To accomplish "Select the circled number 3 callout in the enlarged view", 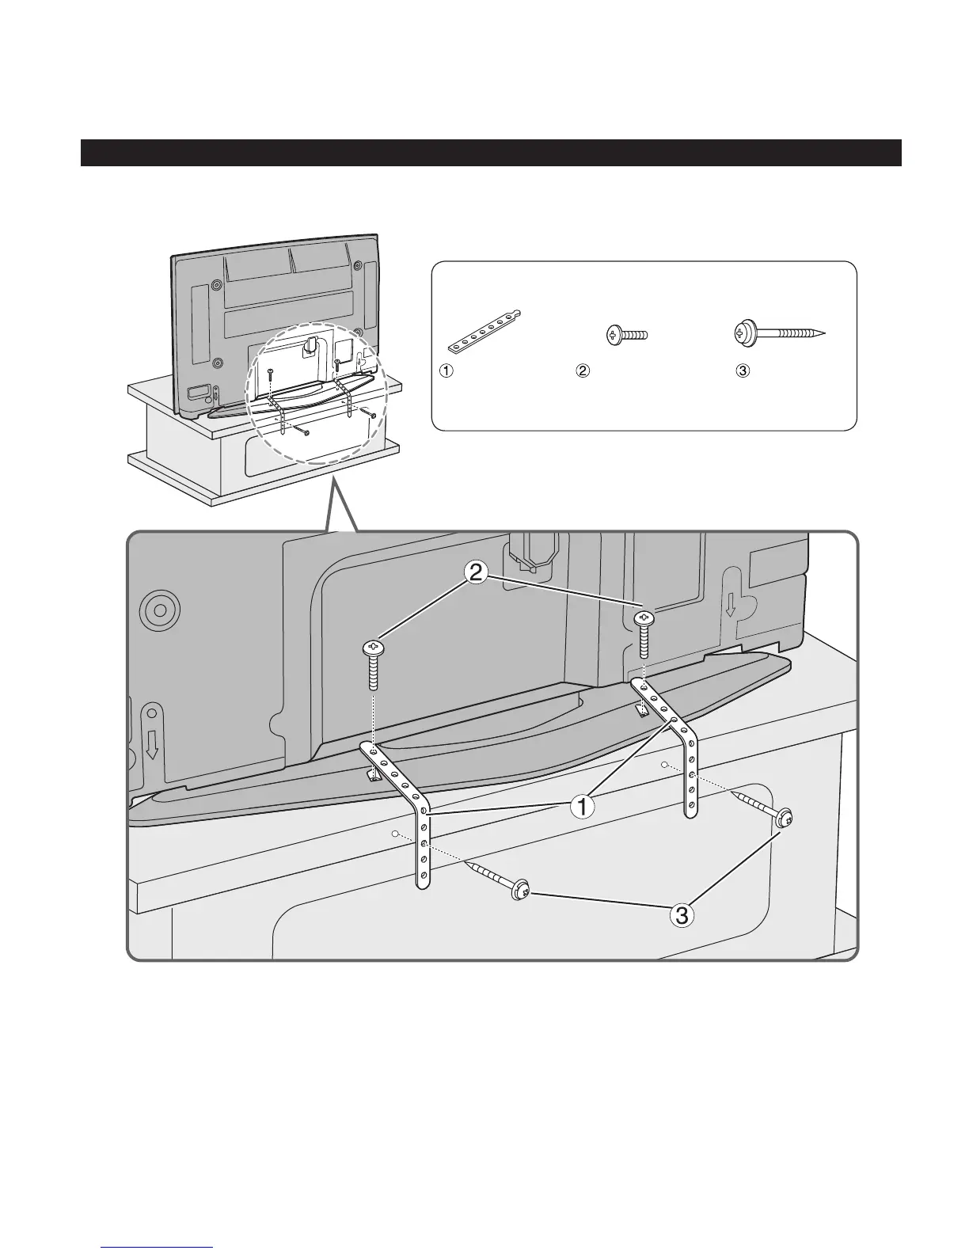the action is [682, 916].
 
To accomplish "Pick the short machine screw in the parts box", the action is [627, 335].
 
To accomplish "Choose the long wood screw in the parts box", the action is [779, 334].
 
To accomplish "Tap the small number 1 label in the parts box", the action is [447, 370].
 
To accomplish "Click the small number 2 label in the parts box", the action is [583, 370].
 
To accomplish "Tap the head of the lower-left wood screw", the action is [520, 891].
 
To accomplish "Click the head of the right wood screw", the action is [785, 819].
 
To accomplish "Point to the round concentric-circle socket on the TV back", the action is [159, 610].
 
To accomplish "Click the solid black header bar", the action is [491, 154].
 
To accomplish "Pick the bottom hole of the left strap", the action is [424, 876].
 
